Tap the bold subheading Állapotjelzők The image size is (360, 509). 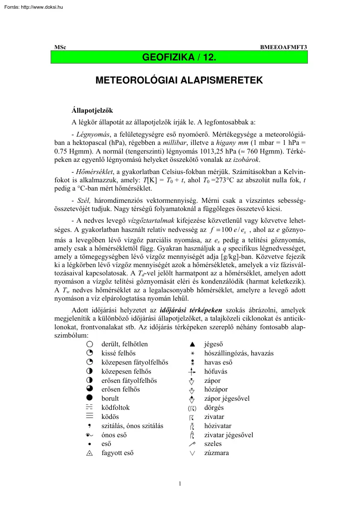pos(92,111)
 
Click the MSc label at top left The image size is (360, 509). pos(60,47)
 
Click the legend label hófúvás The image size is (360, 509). pos(215,372)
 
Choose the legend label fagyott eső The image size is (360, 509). pos(117,453)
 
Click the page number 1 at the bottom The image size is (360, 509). pos(180,483)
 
